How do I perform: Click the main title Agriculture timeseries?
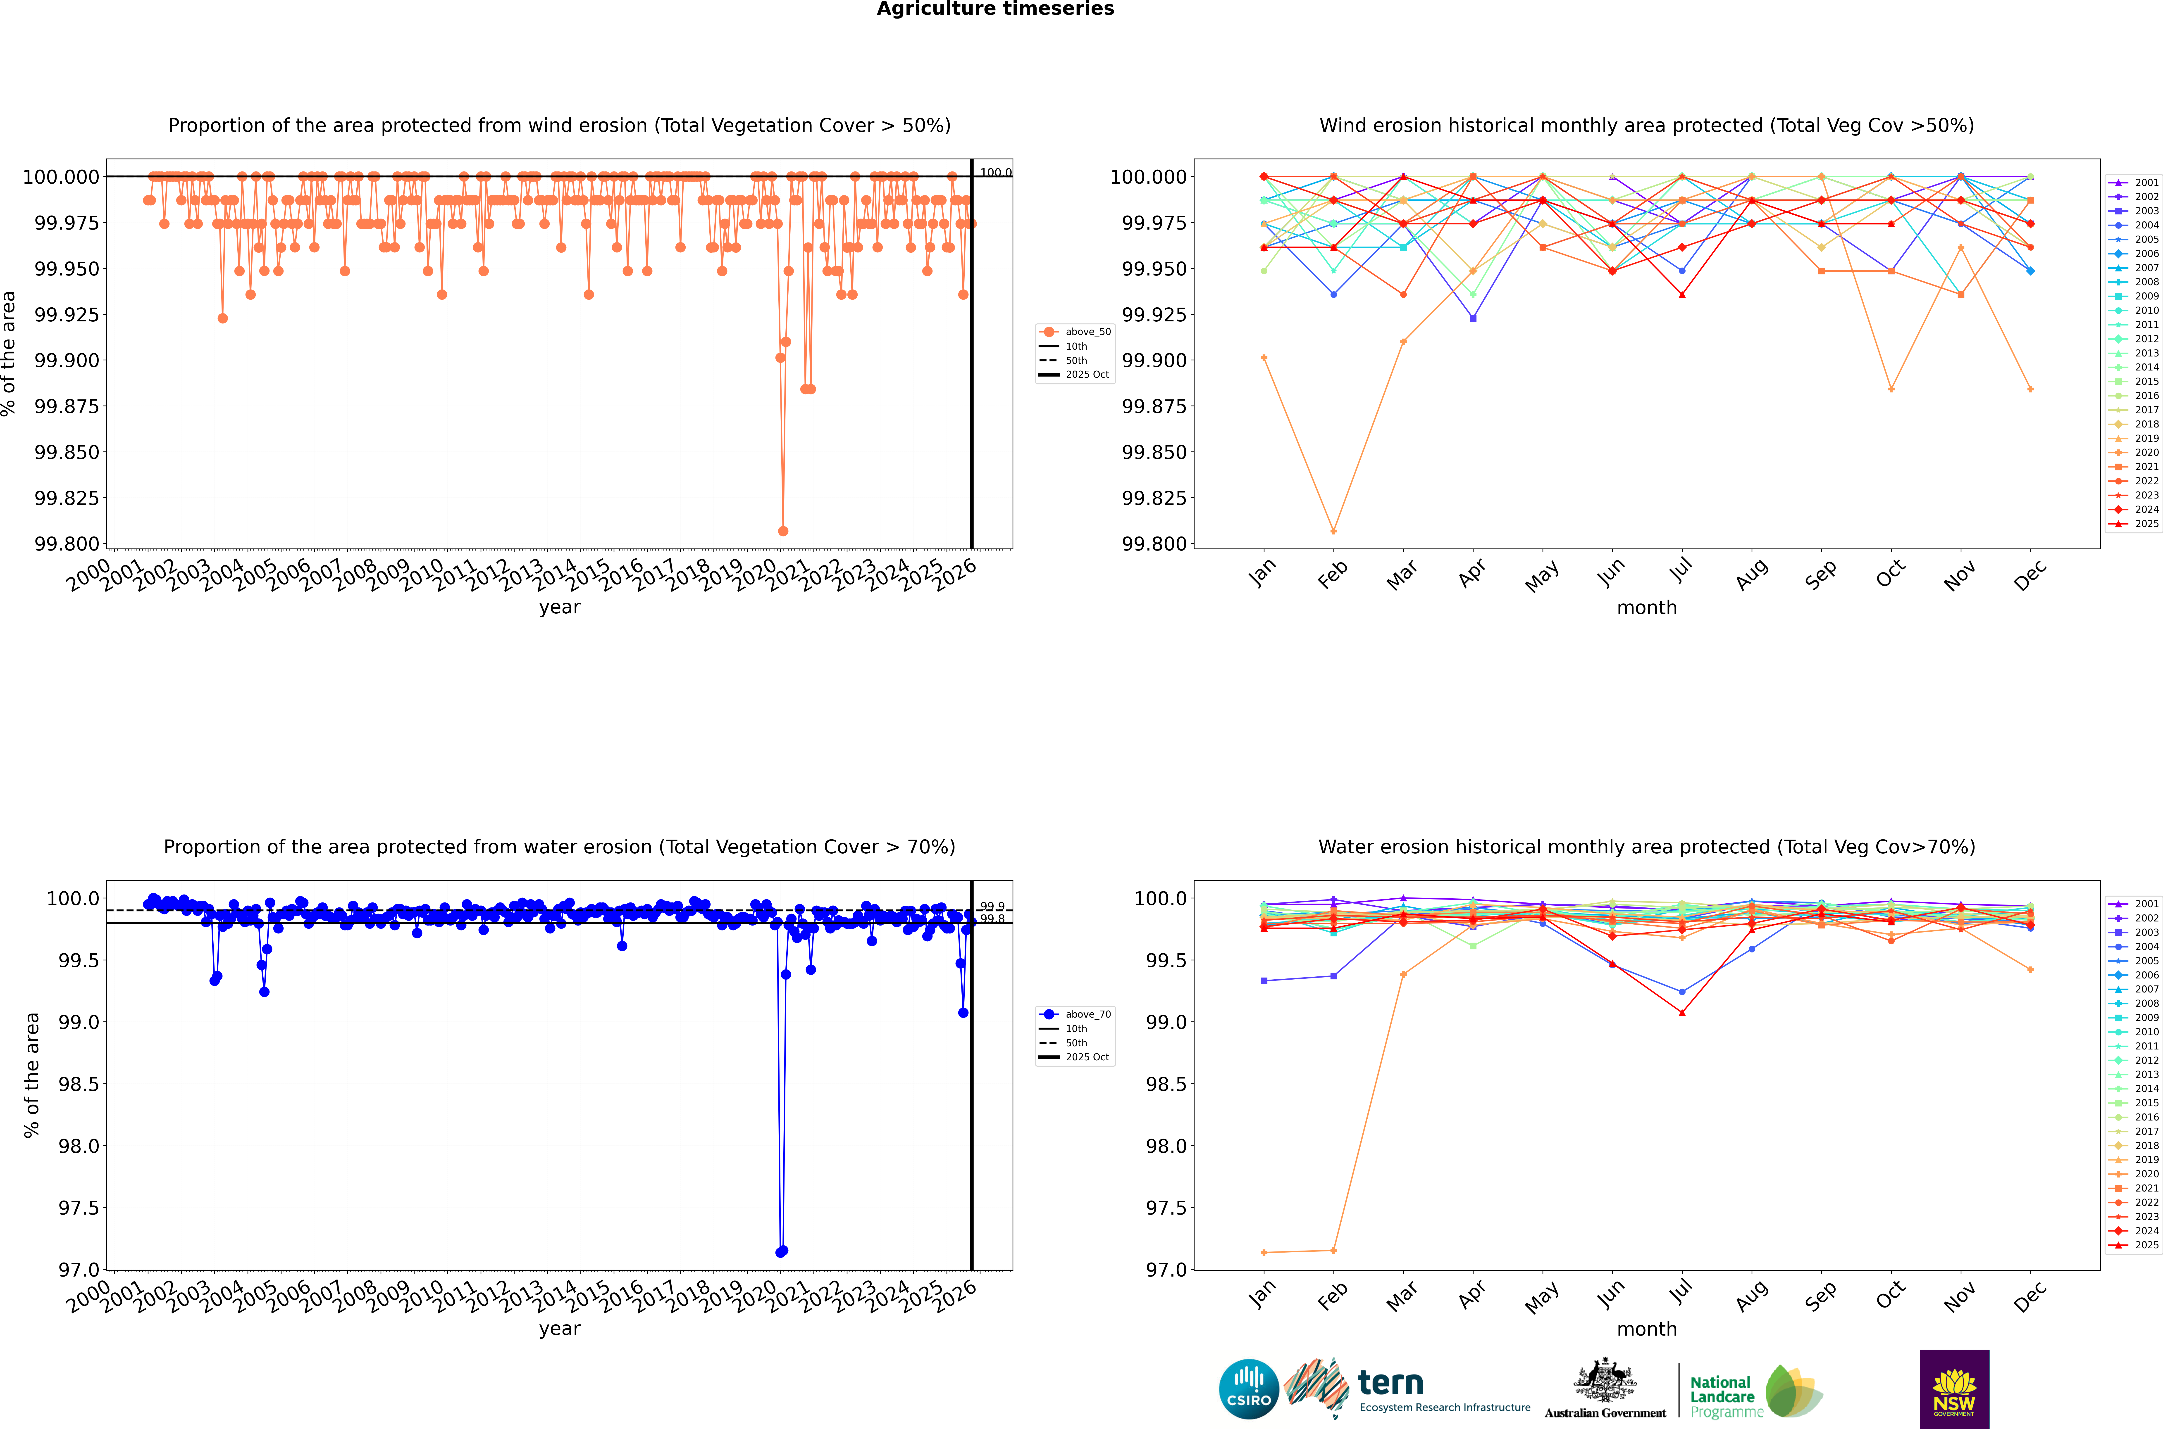995,9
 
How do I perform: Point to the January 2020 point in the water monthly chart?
1263,1252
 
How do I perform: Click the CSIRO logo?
1249,1389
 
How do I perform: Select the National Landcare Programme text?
1725,1397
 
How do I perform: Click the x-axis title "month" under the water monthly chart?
1646,1329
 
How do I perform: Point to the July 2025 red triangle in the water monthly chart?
1682,1013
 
